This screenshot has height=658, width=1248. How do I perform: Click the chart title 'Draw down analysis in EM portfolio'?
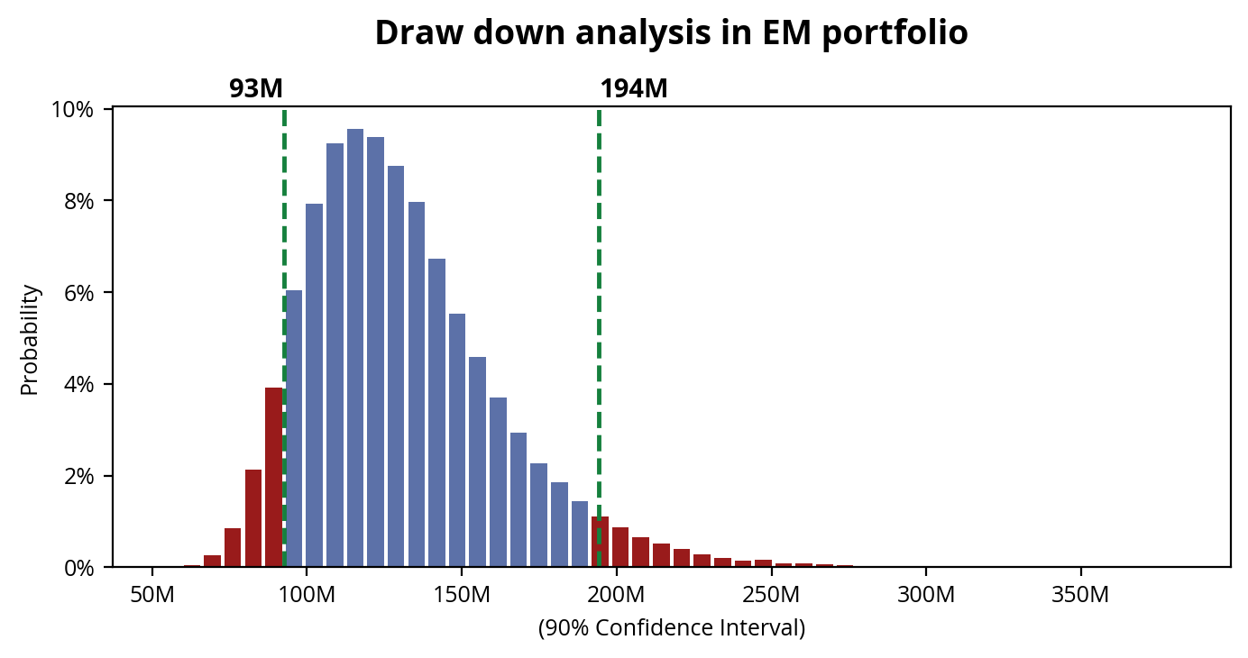click(x=671, y=33)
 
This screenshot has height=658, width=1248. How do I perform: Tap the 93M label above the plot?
click(x=256, y=89)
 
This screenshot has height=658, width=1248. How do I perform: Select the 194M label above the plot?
click(x=634, y=89)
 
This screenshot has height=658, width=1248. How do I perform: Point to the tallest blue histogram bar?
click(x=355, y=348)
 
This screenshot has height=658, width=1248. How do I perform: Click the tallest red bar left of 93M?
click(x=274, y=477)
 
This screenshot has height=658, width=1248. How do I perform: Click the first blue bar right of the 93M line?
click(x=294, y=428)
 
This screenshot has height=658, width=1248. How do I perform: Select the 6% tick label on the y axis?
click(x=79, y=293)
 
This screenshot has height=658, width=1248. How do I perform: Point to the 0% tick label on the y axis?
click(x=79, y=568)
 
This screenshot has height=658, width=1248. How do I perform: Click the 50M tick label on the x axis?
click(x=152, y=596)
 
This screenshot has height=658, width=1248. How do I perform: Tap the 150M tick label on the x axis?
click(x=462, y=596)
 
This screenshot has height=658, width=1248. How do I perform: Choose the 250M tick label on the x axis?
click(x=771, y=596)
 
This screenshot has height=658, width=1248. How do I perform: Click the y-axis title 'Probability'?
click(x=30, y=339)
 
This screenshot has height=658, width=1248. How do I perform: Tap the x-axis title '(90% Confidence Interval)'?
click(x=671, y=628)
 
